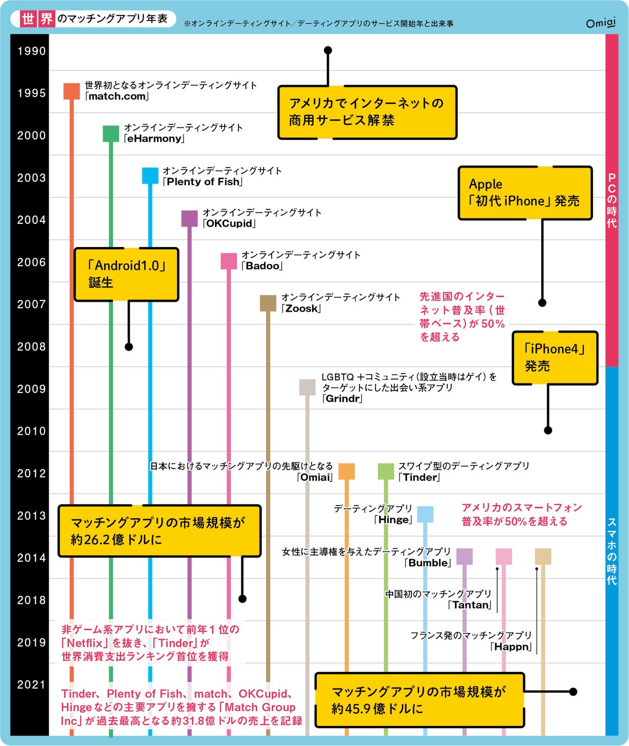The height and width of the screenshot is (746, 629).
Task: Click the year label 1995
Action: (x=31, y=93)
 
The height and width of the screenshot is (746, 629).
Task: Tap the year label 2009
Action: (x=31, y=389)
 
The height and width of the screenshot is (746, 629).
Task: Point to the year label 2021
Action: (x=31, y=685)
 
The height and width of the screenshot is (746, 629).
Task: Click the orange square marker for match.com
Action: (x=72, y=91)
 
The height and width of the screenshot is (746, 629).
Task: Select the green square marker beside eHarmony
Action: (x=111, y=134)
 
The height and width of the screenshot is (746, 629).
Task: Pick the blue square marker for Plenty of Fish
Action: (x=150, y=176)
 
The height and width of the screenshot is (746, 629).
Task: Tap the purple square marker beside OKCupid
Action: (x=189, y=218)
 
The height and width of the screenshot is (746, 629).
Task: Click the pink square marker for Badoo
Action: (x=229, y=261)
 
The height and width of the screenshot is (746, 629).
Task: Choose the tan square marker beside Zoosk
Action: (x=268, y=303)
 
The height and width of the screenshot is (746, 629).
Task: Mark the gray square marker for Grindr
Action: (x=307, y=387)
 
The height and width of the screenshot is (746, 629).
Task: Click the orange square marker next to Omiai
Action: (x=346, y=471)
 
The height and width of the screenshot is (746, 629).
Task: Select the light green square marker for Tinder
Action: (x=385, y=471)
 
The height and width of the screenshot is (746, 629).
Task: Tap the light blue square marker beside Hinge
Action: (x=425, y=514)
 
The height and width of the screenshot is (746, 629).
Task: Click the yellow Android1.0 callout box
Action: (x=126, y=274)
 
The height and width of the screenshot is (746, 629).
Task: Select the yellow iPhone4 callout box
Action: (x=554, y=358)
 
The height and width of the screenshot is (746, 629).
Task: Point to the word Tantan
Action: (x=471, y=605)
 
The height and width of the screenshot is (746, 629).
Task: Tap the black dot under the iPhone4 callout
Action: (x=548, y=430)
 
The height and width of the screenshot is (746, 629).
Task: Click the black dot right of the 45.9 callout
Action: (x=573, y=692)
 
